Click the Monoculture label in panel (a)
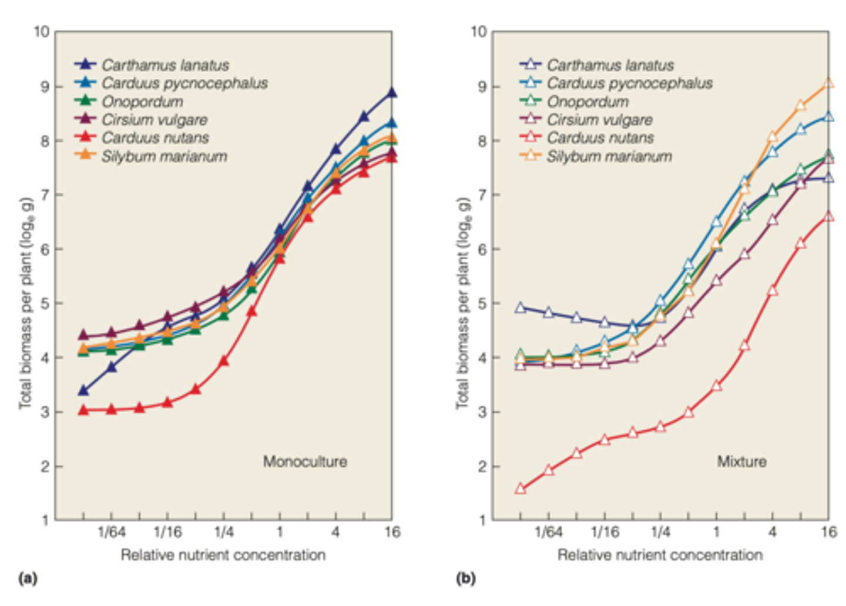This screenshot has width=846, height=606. (x=304, y=461)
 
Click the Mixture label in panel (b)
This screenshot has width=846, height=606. (x=741, y=461)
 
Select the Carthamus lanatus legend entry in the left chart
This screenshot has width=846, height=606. (x=164, y=65)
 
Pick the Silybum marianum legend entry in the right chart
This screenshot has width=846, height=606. (x=609, y=156)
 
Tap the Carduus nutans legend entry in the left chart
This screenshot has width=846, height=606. (x=155, y=138)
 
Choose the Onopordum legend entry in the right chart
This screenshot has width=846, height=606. (x=587, y=102)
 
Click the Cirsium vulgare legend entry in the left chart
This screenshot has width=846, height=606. (x=154, y=120)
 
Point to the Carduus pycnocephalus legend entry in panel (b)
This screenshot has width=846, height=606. (x=629, y=83)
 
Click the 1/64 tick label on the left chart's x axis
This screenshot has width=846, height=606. (x=112, y=533)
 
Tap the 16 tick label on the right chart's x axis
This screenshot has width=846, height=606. (x=828, y=533)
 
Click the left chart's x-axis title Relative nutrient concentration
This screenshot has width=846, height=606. (x=223, y=555)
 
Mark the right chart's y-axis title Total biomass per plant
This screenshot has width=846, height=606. (x=464, y=303)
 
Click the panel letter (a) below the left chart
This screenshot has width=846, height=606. (x=28, y=578)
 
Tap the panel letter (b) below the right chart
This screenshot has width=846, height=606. (x=465, y=578)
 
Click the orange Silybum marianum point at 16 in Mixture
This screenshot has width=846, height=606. (x=828, y=83)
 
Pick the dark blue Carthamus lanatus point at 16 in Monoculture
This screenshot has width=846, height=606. (x=392, y=93)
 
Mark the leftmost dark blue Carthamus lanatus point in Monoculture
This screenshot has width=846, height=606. (x=83, y=390)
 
